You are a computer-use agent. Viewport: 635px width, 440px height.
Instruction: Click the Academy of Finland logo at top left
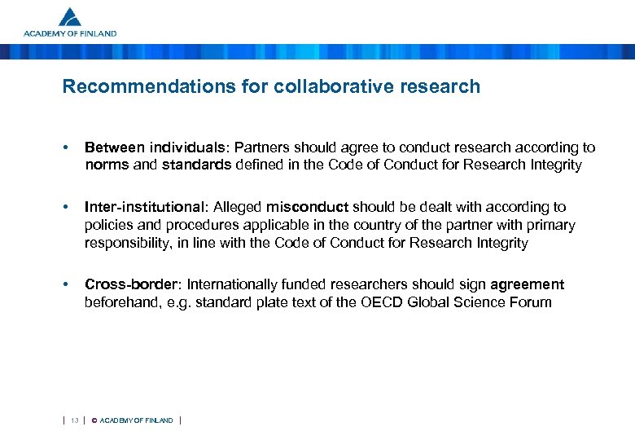(x=70, y=22)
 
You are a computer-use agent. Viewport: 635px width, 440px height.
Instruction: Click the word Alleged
(x=237, y=207)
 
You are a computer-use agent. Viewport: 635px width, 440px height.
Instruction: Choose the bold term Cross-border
(x=132, y=284)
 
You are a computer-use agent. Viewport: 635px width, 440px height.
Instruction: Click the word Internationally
(x=237, y=284)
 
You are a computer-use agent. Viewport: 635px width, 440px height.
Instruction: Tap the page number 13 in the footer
(x=74, y=420)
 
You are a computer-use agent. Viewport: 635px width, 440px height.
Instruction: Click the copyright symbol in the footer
(x=94, y=420)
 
